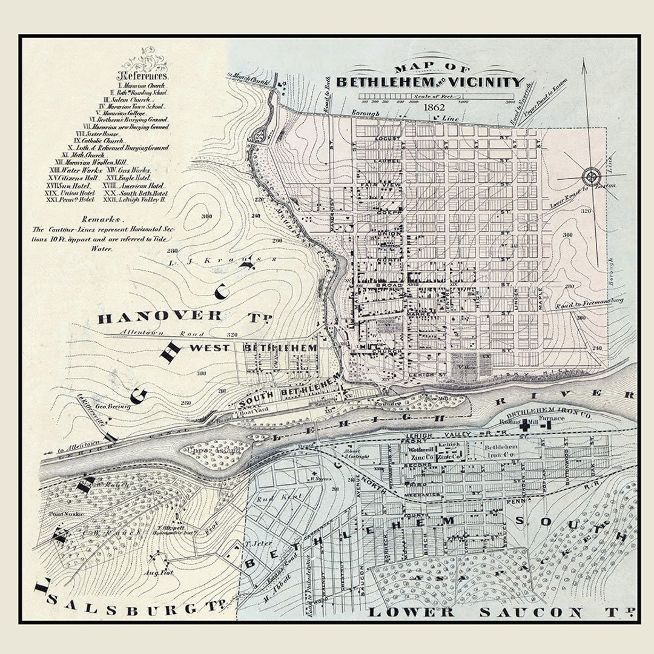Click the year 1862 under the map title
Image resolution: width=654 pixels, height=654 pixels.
coord(434,107)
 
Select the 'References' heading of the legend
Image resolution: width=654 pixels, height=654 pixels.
coord(143,76)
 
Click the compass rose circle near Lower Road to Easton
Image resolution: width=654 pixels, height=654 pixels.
coord(590,177)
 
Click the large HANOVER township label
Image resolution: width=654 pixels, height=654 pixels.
coord(160,316)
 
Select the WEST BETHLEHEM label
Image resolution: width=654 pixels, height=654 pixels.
coord(254,348)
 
